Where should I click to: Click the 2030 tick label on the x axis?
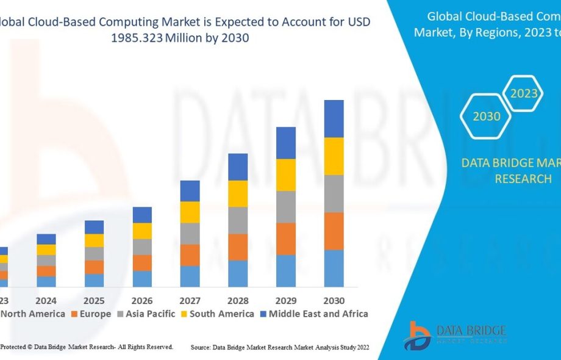click(334, 301)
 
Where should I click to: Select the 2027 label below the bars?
click(190, 301)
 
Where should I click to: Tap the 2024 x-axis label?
click(46, 301)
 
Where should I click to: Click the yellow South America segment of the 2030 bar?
click(334, 156)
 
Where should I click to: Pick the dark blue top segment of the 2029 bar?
click(286, 143)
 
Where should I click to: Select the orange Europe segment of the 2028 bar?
click(238, 247)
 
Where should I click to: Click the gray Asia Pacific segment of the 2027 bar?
click(190, 234)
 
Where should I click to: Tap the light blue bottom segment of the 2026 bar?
click(142, 279)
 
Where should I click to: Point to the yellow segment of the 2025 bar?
click(94, 240)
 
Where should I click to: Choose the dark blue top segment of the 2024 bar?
click(46, 239)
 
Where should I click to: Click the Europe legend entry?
click(91, 314)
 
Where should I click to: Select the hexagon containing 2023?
click(524, 93)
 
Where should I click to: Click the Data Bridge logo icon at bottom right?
click(420, 336)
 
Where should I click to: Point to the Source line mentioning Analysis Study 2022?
click(280, 347)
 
